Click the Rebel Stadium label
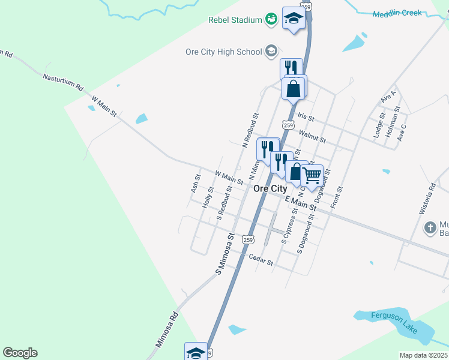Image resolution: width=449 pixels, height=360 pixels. coord(235,20)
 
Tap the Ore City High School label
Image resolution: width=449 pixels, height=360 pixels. coord(223,52)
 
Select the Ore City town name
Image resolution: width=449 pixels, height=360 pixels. coord(270,188)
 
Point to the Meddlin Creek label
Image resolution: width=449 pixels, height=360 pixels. coord(397,14)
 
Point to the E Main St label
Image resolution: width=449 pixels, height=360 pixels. coord(301,203)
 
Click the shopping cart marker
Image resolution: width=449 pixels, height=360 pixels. coord(312,175)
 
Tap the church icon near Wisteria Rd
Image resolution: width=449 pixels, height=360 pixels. coord(430,227)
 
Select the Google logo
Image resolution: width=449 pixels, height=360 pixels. coord(20,353)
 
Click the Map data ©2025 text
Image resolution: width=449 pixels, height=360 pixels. coord(423,355)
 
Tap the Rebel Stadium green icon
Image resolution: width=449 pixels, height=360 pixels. coord(271,19)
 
